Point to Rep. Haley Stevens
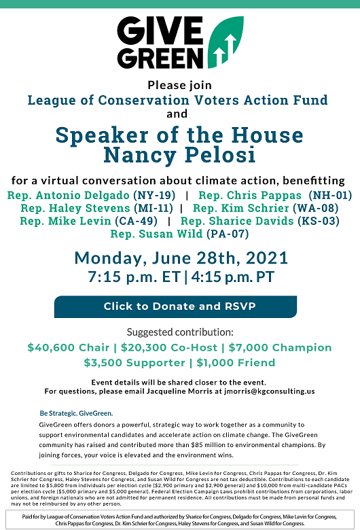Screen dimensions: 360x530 (x=75, y=209)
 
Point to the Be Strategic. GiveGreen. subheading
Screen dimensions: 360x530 (x=76, y=413)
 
